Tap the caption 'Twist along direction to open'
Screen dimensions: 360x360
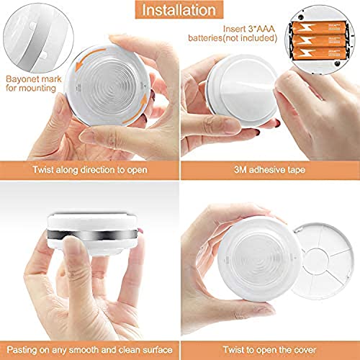click(x=89, y=171)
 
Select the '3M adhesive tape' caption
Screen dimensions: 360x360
click(x=270, y=171)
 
